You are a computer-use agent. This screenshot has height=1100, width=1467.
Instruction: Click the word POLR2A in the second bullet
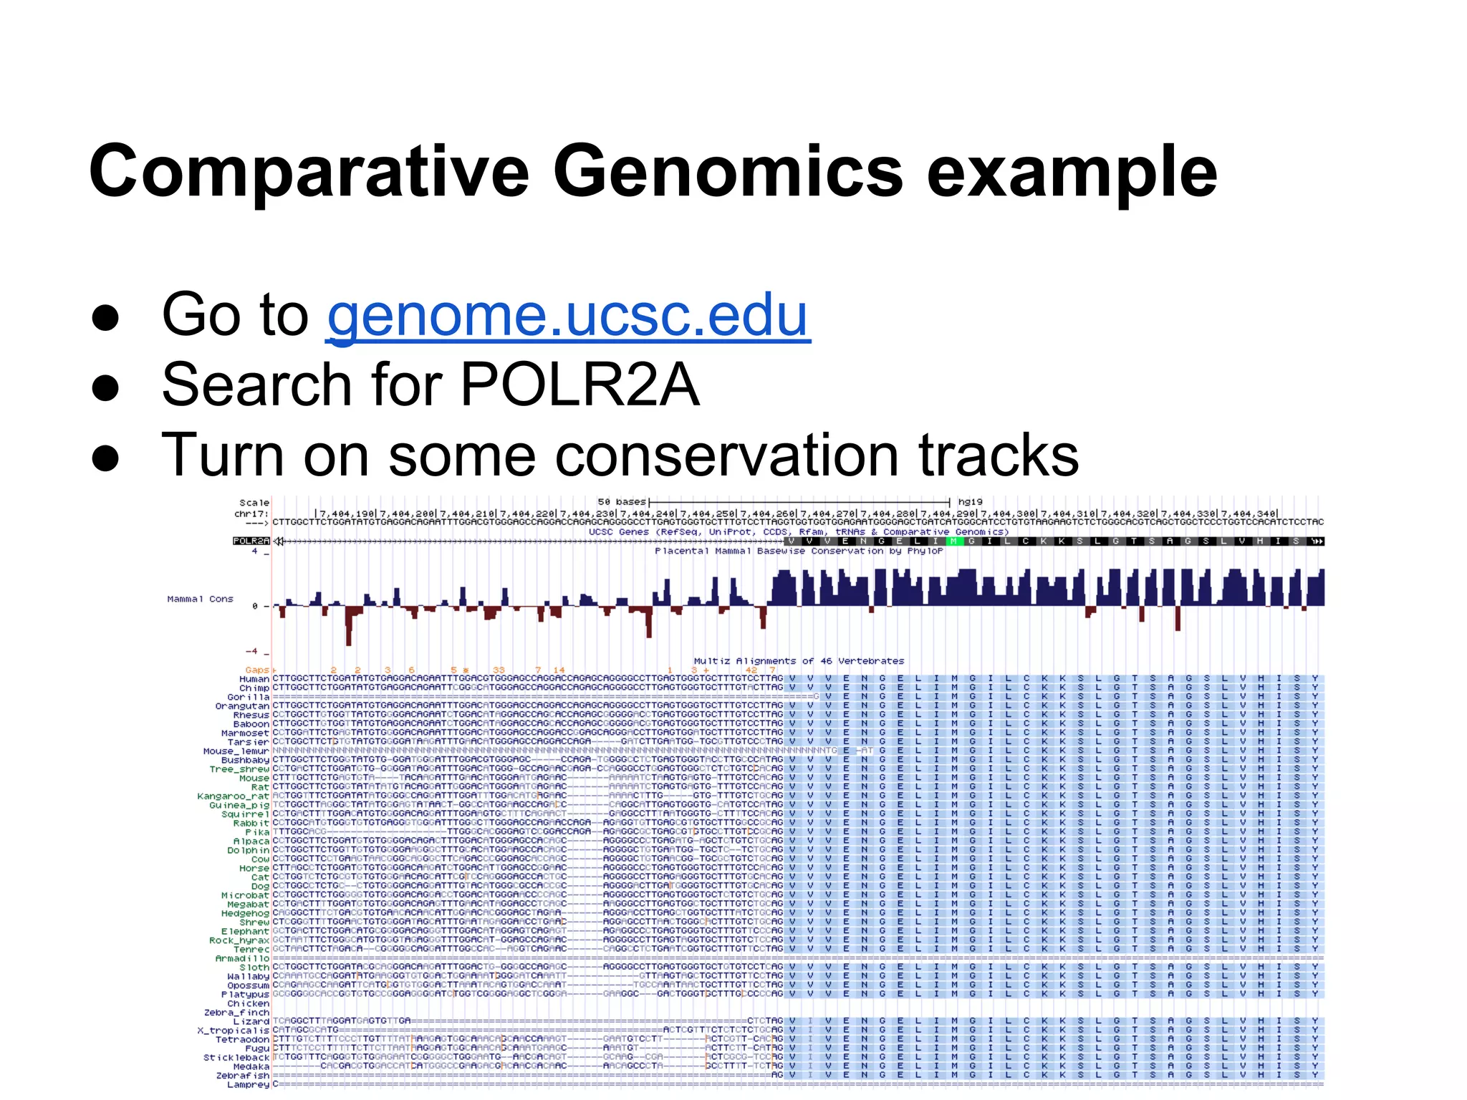579,385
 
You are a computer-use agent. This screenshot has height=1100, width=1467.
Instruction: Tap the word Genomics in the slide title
728,172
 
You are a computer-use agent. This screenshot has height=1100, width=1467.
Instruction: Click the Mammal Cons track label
200,599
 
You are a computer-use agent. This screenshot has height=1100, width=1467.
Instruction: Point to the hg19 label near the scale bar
970,502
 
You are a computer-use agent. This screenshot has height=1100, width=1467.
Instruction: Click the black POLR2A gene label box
251,541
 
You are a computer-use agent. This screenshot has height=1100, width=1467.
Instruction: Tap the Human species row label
254,679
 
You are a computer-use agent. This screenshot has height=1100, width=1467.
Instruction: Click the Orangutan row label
242,706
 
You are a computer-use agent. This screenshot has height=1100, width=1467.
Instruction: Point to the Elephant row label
245,931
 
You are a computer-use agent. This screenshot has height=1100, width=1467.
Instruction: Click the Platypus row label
245,994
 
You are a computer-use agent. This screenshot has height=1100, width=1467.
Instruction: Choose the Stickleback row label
236,1057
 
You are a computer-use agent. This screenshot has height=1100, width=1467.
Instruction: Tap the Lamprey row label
248,1084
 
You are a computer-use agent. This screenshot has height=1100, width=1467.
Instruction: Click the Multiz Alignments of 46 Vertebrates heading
799,661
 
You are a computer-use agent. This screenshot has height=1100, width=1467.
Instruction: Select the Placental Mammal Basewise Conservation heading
799,551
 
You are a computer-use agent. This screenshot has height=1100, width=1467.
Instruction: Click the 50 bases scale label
622,502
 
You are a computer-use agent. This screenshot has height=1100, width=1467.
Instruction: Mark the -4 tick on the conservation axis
251,651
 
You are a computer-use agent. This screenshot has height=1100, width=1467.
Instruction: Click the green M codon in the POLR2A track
954,541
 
